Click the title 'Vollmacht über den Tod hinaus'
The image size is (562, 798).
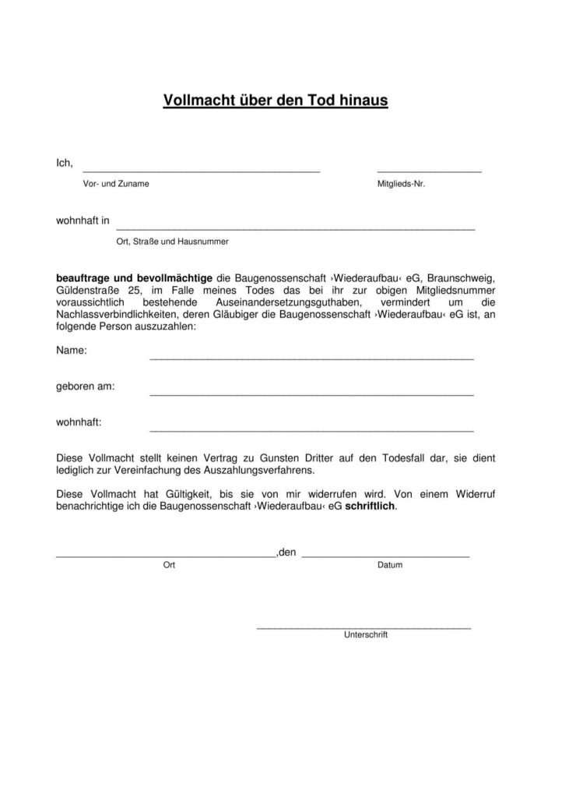(x=275, y=101)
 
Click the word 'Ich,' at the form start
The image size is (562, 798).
(x=64, y=163)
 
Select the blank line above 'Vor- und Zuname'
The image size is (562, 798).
(x=201, y=170)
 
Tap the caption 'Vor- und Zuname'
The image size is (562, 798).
(x=116, y=184)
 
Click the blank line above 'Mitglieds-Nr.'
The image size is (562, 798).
(x=429, y=170)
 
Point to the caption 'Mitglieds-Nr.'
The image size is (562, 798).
(x=401, y=184)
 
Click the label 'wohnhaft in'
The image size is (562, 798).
(x=83, y=221)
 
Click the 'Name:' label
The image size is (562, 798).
(x=72, y=351)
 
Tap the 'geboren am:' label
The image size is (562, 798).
(x=86, y=387)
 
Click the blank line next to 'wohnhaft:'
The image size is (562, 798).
(x=311, y=429)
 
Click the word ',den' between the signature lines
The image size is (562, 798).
(x=286, y=553)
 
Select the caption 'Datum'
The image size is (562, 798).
(x=390, y=565)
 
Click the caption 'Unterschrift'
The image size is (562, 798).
(x=365, y=634)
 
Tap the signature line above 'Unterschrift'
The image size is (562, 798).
(x=364, y=627)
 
